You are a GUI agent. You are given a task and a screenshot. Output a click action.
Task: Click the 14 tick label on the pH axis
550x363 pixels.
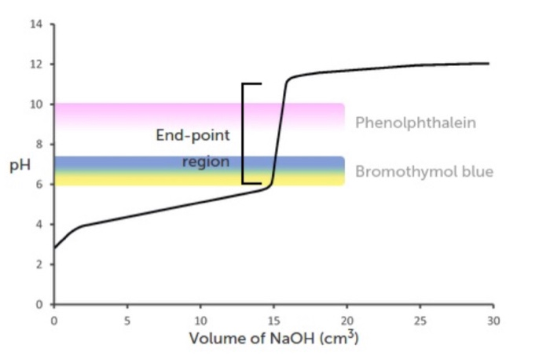click(x=36, y=24)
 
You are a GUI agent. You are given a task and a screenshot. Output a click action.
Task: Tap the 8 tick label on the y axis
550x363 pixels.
click(x=39, y=144)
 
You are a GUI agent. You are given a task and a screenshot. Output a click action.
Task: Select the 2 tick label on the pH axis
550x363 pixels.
click(x=39, y=264)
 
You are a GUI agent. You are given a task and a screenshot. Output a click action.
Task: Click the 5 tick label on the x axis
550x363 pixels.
click(x=127, y=320)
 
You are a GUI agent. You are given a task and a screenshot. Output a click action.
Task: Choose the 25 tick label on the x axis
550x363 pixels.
click(x=420, y=320)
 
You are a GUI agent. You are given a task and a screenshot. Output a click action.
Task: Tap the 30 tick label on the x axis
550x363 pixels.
click(x=493, y=320)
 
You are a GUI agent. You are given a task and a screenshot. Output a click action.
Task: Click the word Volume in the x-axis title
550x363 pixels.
click(x=215, y=339)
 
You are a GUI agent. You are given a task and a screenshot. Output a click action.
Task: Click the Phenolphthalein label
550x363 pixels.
click(x=416, y=123)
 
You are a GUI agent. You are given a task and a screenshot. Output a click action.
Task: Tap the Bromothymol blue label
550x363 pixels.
click(x=424, y=171)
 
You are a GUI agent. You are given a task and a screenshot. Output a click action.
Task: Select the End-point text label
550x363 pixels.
click(x=192, y=135)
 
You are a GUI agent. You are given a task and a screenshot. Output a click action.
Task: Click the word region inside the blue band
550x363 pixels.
click(x=205, y=162)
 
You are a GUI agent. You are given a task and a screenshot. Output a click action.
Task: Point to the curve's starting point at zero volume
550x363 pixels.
click(x=53, y=248)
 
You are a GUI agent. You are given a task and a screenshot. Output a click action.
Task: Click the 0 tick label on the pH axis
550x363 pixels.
click(x=39, y=304)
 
